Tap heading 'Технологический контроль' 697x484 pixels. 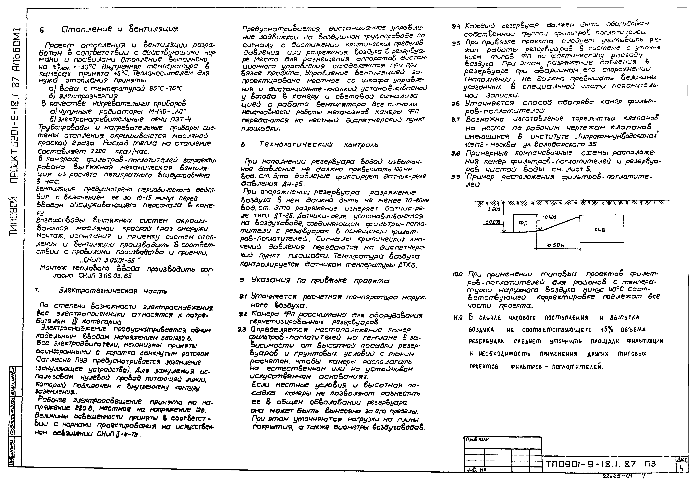tap(318, 145)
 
